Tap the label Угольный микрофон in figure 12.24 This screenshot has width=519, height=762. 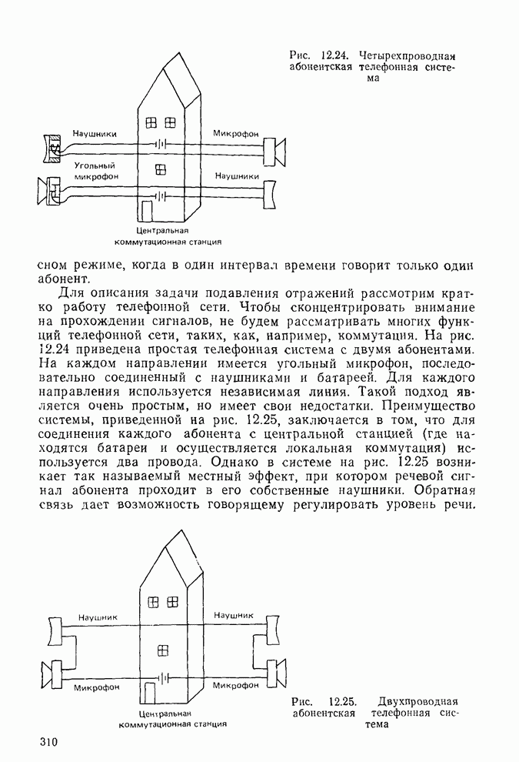[x=94, y=171]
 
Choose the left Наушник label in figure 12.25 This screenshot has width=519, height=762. [x=98, y=617]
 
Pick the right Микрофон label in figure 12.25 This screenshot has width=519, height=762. [x=235, y=685]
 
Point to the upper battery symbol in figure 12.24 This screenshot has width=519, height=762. [x=160, y=144]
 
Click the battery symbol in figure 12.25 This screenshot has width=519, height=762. [x=162, y=677]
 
